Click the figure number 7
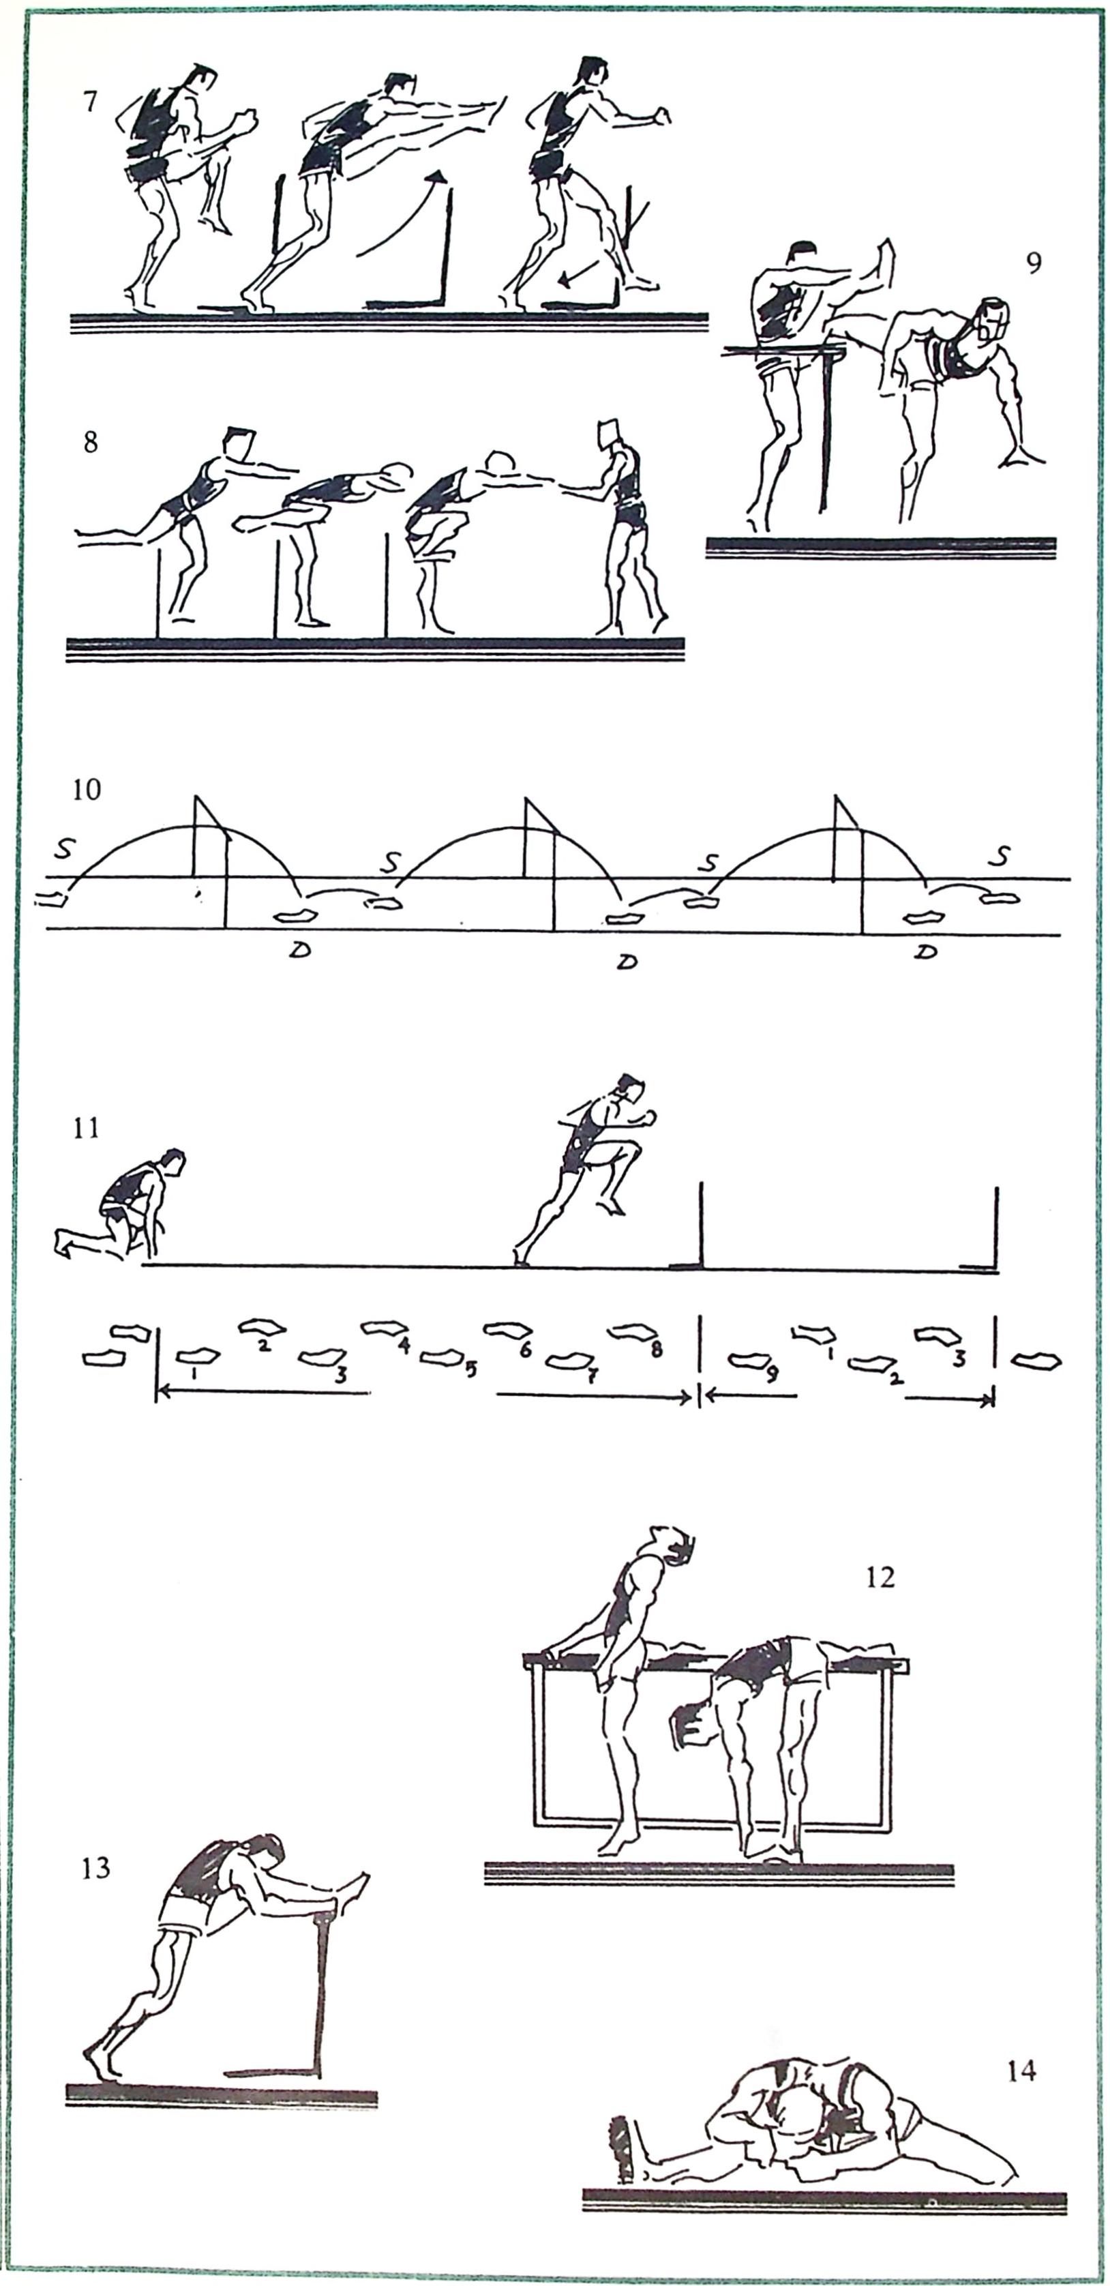pyautogui.click(x=89, y=102)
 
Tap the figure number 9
pyautogui.click(x=1034, y=263)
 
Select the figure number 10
pyautogui.click(x=86, y=789)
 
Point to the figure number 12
pyautogui.click(x=880, y=1577)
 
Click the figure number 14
pyautogui.click(x=1021, y=2071)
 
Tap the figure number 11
pyautogui.click(x=86, y=1129)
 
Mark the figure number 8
pyautogui.click(x=91, y=442)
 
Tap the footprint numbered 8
pyautogui.click(x=632, y=1332)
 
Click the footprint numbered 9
pyautogui.click(x=750, y=1360)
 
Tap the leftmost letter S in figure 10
pyautogui.click(x=63, y=848)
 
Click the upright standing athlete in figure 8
pyautogui.click(x=624, y=528)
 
